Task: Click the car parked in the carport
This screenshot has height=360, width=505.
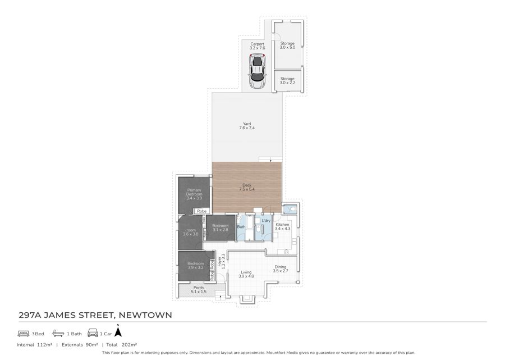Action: tap(258, 71)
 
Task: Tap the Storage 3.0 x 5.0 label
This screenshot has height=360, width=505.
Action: tap(287, 45)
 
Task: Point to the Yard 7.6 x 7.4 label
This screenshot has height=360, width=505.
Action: tap(247, 126)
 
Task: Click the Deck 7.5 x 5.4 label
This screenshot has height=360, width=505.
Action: tap(247, 187)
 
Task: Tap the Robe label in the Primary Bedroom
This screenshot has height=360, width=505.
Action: tap(201, 211)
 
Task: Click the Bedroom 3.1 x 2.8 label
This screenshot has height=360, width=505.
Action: tap(220, 227)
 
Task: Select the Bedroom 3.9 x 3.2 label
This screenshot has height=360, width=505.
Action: tap(195, 266)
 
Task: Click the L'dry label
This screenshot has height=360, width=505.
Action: tap(266, 221)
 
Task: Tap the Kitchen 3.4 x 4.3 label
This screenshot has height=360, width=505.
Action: tap(282, 226)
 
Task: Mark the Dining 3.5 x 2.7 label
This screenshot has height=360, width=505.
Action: tap(280, 269)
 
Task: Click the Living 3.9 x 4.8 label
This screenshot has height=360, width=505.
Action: tap(247, 274)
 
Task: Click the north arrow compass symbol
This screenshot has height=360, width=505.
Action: tap(118, 332)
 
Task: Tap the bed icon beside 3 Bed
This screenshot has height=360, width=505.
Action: tap(23, 334)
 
